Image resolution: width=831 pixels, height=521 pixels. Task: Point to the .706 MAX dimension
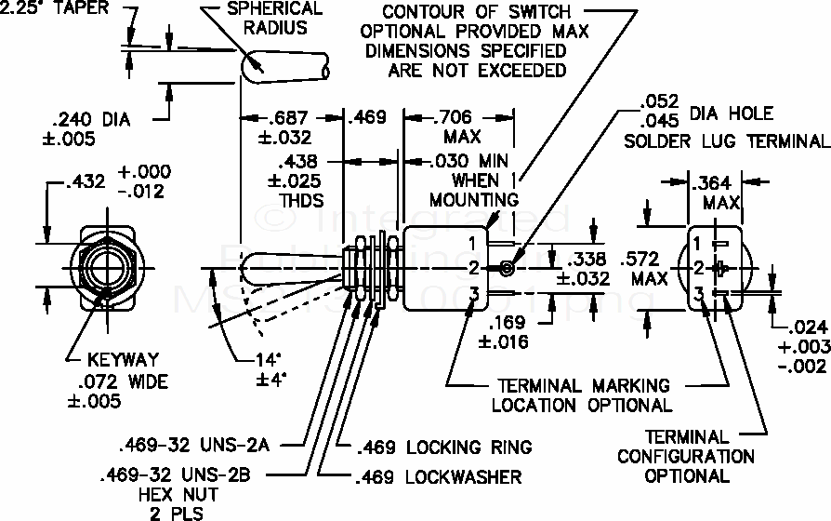(455, 118)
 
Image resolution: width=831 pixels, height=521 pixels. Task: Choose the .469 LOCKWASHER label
(438, 478)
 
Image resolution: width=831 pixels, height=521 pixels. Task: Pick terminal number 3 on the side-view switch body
(472, 295)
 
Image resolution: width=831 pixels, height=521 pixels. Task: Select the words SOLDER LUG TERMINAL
(725, 141)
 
